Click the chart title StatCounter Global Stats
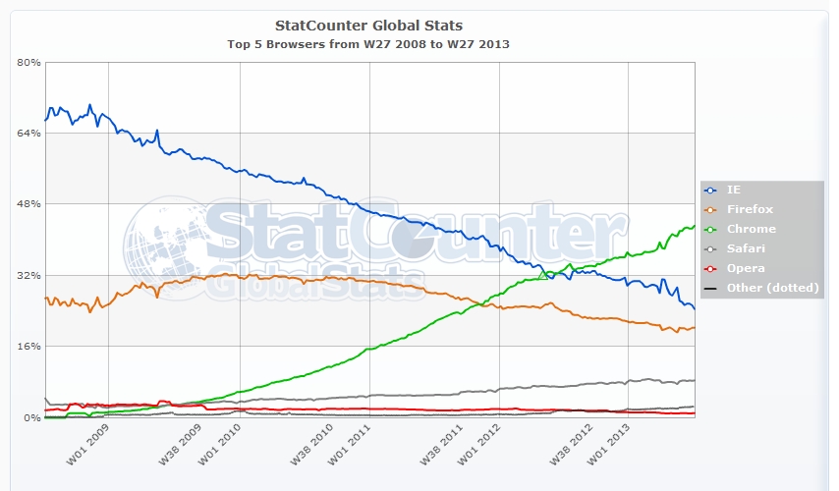[x=370, y=25]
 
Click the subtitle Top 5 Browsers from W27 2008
[x=370, y=44]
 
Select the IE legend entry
[x=734, y=190]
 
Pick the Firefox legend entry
[x=750, y=209]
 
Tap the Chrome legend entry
[x=751, y=229]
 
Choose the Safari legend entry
[x=746, y=248]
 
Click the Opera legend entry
[x=745, y=268]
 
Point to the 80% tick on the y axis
[x=28, y=62]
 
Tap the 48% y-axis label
[x=28, y=204]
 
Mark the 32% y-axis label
[x=28, y=275]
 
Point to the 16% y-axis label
[x=28, y=347]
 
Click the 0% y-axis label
[x=31, y=417]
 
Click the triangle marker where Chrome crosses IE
[x=542, y=275]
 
